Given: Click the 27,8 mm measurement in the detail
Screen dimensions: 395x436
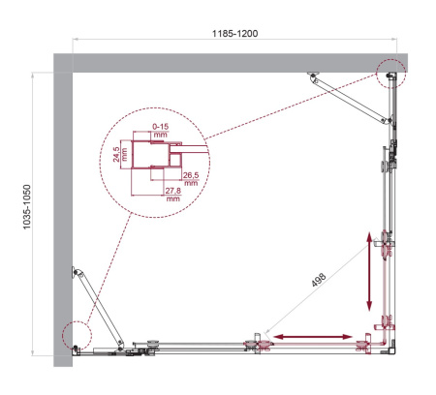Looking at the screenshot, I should [x=172, y=198].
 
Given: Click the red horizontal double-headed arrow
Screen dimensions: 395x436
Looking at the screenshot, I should [x=312, y=336].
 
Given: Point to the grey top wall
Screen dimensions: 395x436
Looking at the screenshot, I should [x=233, y=61].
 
